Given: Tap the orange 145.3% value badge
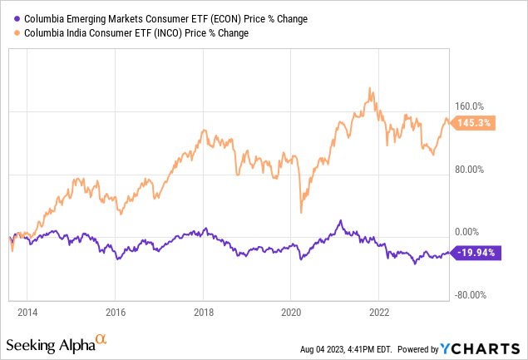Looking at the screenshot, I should (476, 123).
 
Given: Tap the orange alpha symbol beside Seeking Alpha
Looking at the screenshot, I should (101, 338).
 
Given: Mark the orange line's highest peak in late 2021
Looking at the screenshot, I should (368, 87).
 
